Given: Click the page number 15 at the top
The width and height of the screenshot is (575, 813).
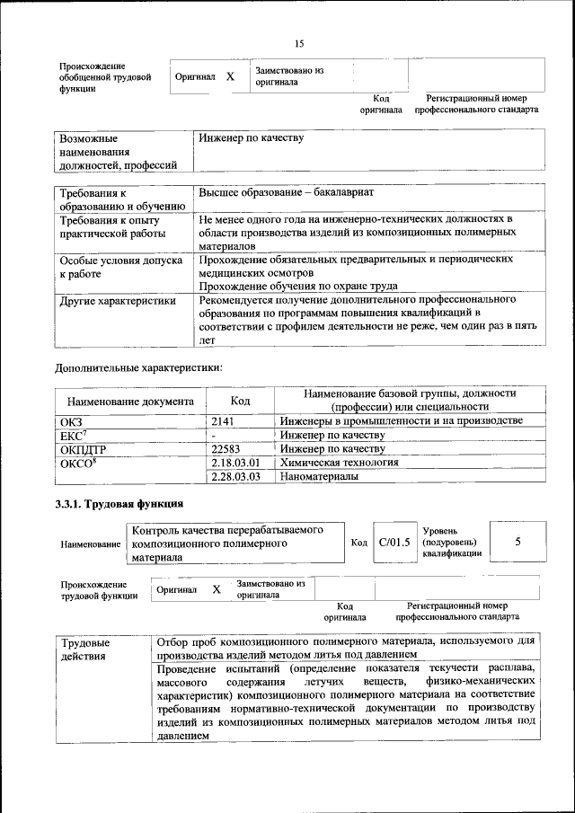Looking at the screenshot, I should (x=299, y=42).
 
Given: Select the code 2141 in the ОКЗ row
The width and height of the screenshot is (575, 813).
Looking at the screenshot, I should (x=222, y=420).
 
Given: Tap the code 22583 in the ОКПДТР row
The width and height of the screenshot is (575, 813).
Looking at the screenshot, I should (x=227, y=448).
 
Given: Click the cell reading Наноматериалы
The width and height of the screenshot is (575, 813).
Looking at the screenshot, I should (x=319, y=477).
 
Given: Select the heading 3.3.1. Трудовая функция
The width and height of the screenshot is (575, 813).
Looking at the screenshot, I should (x=119, y=504).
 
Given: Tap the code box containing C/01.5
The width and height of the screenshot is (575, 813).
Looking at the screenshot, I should (x=394, y=542).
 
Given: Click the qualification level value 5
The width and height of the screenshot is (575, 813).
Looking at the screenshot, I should (x=517, y=542).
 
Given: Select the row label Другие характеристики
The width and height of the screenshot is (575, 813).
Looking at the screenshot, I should (x=117, y=301).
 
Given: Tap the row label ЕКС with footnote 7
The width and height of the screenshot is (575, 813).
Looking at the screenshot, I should (x=72, y=434).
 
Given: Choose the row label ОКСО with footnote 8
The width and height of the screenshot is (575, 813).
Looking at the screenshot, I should (x=77, y=463).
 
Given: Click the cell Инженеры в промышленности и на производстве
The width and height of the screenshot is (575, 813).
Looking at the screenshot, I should (x=401, y=420).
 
